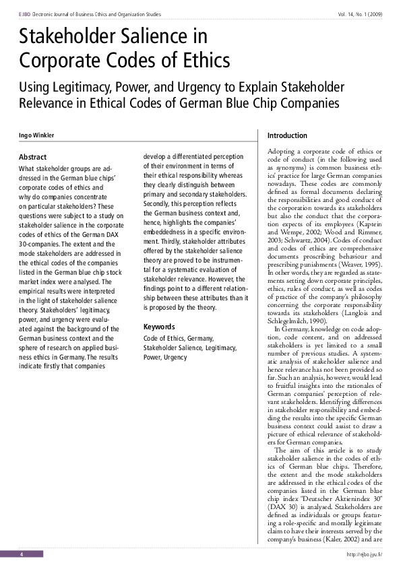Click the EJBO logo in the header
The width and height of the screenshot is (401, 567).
pyautogui.click(x=25, y=14)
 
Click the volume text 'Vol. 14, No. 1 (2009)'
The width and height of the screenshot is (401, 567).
pyautogui.click(x=362, y=14)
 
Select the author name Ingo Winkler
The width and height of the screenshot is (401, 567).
pyautogui.click(x=34, y=136)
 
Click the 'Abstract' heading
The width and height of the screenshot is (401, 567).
pyautogui.click(x=33, y=157)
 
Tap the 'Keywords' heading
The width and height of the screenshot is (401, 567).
pyautogui.click(x=159, y=327)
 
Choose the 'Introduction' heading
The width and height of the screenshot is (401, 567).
pyautogui.click(x=288, y=136)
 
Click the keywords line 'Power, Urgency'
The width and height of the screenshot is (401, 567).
pyautogui.click(x=166, y=358)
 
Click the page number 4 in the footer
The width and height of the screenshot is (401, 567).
pyautogui.click(x=22, y=554)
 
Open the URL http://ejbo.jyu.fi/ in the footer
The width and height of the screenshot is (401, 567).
pyautogui.click(x=364, y=554)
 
